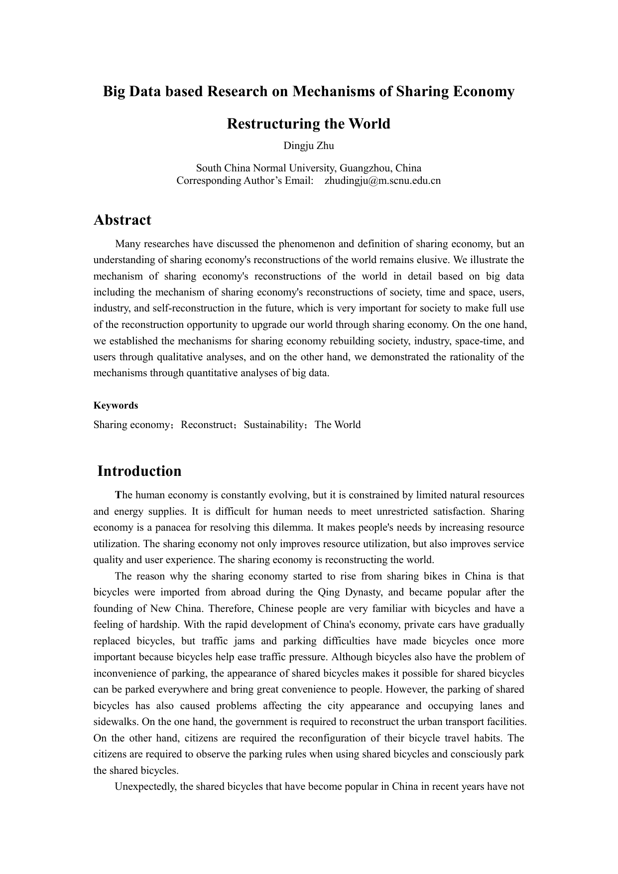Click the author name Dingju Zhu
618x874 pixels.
(309, 146)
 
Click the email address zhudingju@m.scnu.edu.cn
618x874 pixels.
(382, 180)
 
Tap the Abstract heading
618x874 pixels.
(123, 220)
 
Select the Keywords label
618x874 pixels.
(116, 405)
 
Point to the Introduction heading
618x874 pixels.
(139, 471)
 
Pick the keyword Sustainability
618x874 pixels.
(273, 425)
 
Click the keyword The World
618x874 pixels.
(338, 425)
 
